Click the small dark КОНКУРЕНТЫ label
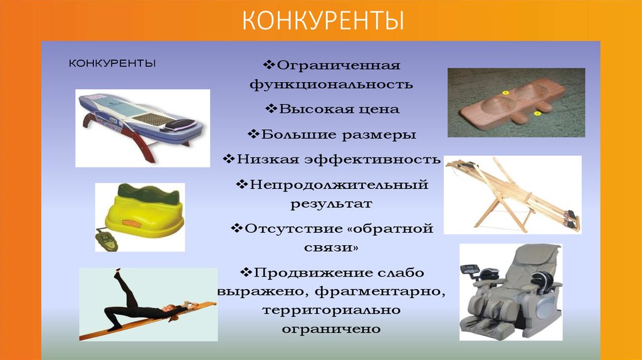112,63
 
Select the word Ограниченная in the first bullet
339,65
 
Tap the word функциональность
331,83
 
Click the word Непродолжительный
338,185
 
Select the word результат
331,204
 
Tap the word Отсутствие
283,229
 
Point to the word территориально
331,310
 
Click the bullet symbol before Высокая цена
271,109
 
